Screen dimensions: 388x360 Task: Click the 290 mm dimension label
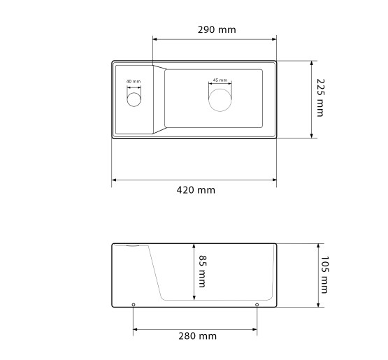pyautogui.click(x=217, y=29)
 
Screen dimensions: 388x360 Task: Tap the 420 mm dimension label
pyautogui.click(x=196, y=190)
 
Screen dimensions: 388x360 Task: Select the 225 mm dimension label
pyautogui.click(x=320, y=98)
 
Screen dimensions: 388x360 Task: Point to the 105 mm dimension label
pyautogui.click(x=324, y=275)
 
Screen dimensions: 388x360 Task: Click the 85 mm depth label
pyautogui.click(x=203, y=271)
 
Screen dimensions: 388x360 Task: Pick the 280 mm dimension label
pyautogui.click(x=197, y=336)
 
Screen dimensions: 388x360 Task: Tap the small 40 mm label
pyautogui.click(x=134, y=81)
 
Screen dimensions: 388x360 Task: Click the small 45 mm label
pyautogui.click(x=220, y=80)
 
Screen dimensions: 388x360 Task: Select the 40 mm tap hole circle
pyautogui.click(x=134, y=92)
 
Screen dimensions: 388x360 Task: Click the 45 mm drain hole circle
pyautogui.click(x=220, y=89)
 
